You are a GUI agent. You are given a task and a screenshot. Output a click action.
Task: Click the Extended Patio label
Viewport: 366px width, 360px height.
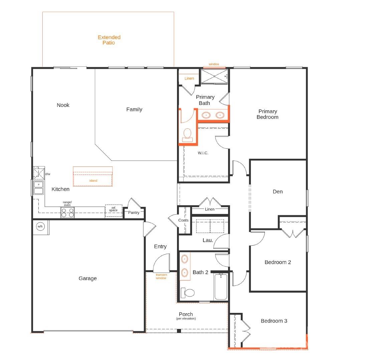point(109,40)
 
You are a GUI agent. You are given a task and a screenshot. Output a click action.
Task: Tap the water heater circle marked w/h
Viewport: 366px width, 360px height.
point(40,226)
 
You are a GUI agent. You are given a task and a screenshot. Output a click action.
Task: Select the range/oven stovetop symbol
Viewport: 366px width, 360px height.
point(67,213)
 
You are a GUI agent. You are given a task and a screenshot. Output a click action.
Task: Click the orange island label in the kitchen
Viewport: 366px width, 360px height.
point(93,181)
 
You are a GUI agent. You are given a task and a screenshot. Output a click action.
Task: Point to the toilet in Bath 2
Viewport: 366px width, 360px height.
point(188,293)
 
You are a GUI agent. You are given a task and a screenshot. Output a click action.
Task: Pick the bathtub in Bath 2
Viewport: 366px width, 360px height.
point(221,286)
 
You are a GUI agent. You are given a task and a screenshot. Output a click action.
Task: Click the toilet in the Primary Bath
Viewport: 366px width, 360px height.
point(187,134)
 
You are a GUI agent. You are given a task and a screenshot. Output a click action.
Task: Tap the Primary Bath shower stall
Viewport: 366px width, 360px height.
point(214,77)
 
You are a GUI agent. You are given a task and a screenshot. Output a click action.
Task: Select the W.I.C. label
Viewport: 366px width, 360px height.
point(203,153)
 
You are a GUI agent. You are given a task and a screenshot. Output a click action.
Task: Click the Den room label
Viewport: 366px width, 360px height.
point(278,192)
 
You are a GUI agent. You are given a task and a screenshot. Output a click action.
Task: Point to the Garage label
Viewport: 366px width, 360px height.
point(87,278)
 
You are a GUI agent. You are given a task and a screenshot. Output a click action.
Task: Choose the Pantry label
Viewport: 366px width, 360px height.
point(134,213)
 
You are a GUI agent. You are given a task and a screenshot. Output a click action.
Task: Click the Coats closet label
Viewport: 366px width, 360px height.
point(183,220)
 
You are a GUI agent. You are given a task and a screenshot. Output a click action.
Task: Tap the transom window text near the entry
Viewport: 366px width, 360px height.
point(161,276)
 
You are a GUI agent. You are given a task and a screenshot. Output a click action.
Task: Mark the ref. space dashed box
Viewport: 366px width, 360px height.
point(114,211)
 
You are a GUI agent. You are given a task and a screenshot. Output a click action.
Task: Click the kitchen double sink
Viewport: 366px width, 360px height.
point(39,188)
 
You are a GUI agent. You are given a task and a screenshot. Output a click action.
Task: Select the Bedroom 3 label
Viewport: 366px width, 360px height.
point(274,321)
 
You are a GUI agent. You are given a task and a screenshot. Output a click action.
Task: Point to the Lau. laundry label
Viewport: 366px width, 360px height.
point(208,240)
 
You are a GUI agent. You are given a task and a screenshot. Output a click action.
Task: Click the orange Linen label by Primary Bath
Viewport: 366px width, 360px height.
point(189,79)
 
